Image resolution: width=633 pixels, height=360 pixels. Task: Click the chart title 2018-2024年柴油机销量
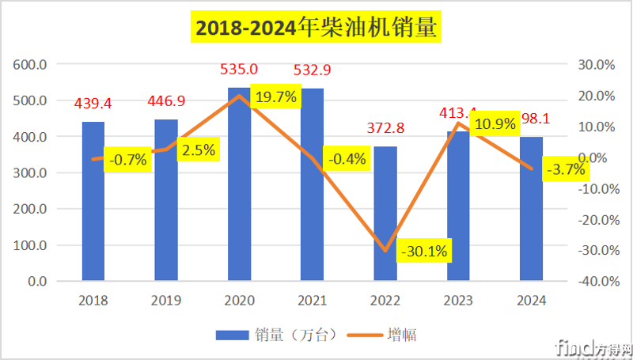click(316, 28)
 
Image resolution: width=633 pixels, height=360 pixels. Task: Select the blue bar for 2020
click(239, 190)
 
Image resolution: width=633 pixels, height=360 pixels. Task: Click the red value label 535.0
click(239, 71)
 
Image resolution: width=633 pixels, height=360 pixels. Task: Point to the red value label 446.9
click(166, 101)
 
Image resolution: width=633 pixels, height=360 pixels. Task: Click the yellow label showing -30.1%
click(424, 252)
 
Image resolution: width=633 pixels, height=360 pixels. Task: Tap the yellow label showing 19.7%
click(276, 97)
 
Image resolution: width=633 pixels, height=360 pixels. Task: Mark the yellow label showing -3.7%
click(565, 169)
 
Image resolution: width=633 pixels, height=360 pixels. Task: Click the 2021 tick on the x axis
click(312, 301)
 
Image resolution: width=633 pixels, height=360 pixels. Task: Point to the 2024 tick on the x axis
click(531, 301)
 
